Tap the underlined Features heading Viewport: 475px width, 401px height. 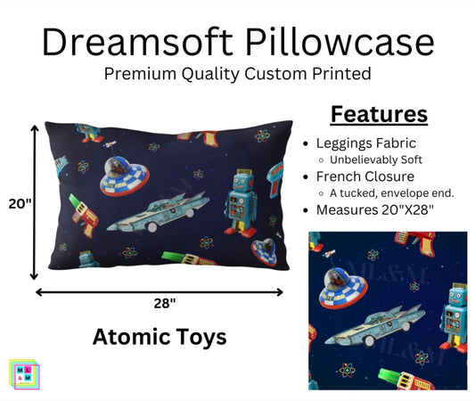pos(380,114)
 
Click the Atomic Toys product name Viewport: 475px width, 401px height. pos(160,337)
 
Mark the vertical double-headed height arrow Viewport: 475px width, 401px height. pos(35,203)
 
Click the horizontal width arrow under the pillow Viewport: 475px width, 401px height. pos(160,291)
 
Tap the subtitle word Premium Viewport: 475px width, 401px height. pos(143,74)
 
